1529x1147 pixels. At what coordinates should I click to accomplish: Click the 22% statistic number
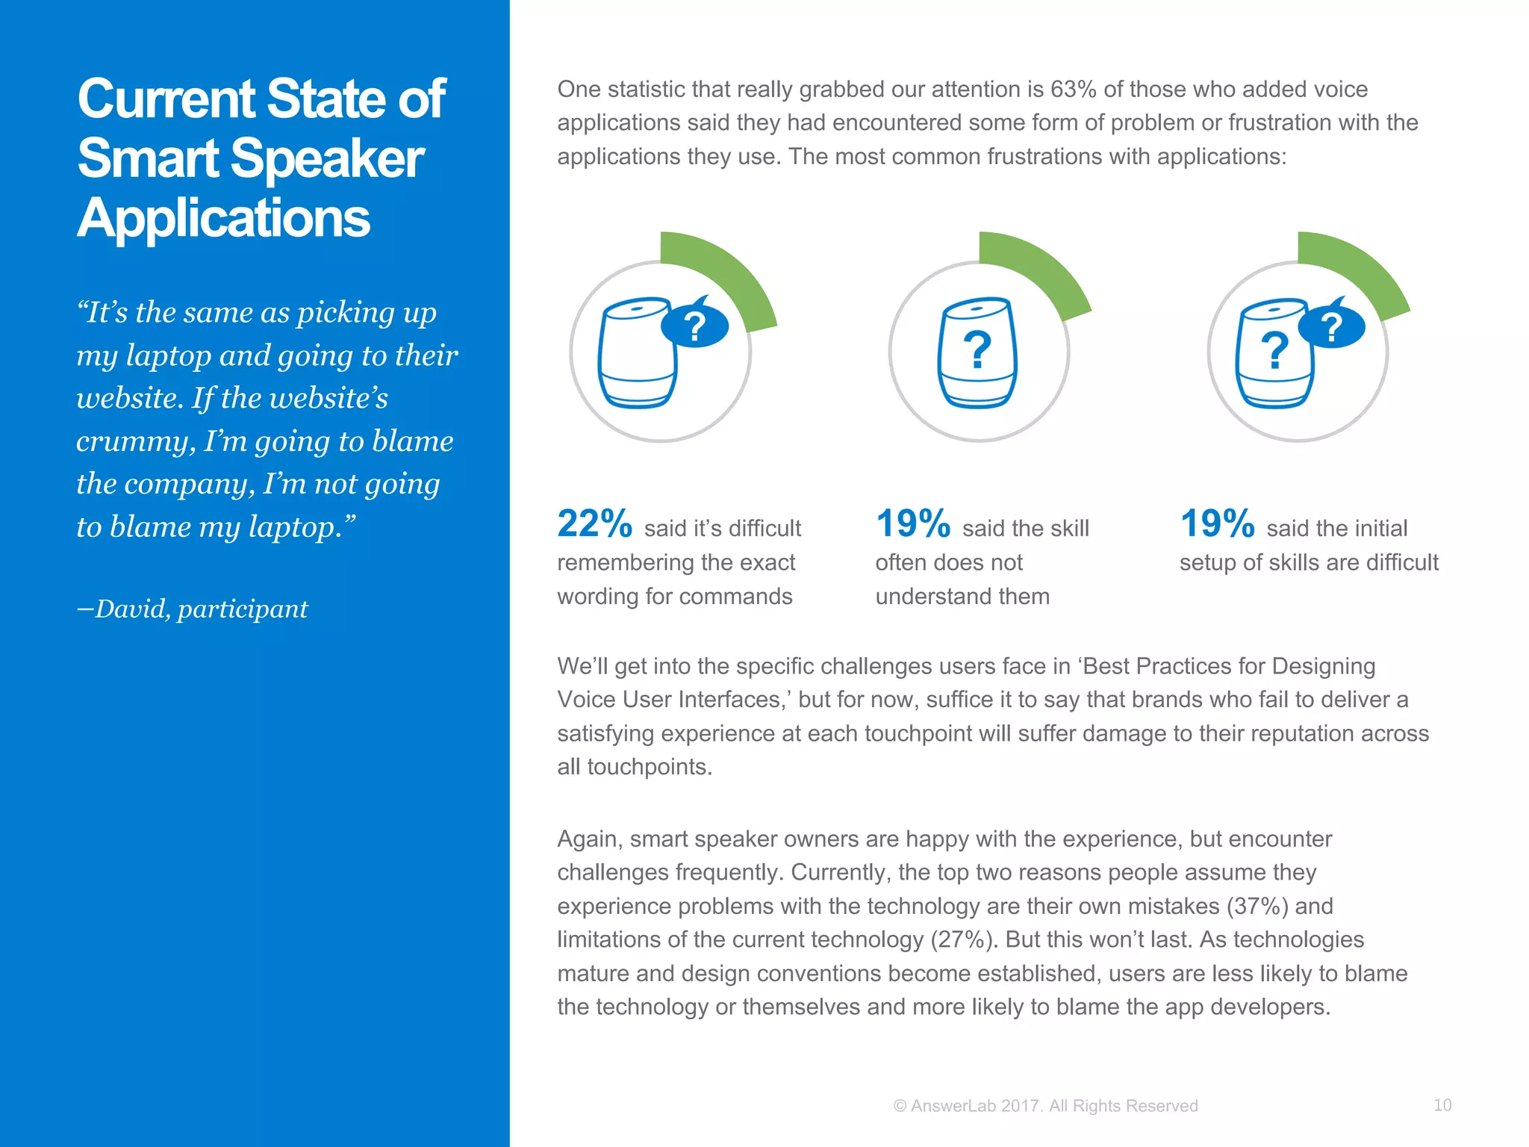pyautogui.click(x=594, y=523)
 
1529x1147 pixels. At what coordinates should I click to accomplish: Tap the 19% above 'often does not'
pyautogui.click(x=912, y=523)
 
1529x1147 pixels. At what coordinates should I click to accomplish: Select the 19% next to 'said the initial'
pyautogui.click(x=1217, y=523)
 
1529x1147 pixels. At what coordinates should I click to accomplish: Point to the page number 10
pyautogui.click(x=1442, y=1105)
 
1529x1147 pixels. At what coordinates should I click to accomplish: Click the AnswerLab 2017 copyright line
pyautogui.click(x=1045, y=1106)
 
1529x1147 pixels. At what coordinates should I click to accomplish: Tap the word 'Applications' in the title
pyautogui.click(x=223, y=218)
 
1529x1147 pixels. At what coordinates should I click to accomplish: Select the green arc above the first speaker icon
pyautogui.click(x=728, y=273)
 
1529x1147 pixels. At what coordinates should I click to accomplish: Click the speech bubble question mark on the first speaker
pyautogui.click(x=695, y=326)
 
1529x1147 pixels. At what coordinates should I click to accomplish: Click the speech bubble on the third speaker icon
pyautogui.click(x=1332, y=326)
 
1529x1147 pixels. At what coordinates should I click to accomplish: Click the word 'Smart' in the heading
pyautogui.click(x=149, y=158)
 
